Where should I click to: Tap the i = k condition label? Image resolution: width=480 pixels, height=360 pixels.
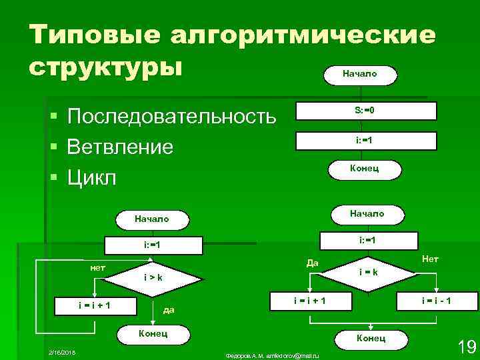click(369, 272)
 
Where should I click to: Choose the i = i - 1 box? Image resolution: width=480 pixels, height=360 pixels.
click(436, 301)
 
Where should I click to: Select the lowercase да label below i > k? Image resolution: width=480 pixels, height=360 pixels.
click(169, 309)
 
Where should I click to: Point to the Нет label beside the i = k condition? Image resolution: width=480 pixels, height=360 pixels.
click(430, 258)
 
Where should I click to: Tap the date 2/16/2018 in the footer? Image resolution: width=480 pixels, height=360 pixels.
click(61, 351)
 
